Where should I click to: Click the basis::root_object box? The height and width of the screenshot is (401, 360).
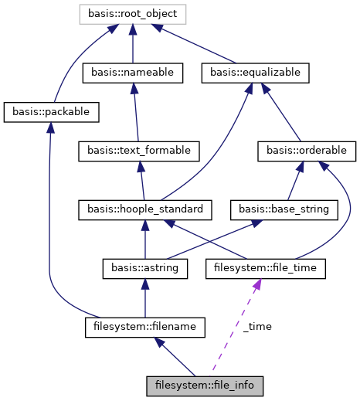[133, 14]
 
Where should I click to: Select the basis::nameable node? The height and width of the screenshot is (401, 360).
[133, 73]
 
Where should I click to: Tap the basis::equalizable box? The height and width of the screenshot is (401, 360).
[255, 73]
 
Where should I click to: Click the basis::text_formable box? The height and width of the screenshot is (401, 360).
[139, 150]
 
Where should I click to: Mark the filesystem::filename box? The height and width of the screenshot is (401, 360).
[144, 328]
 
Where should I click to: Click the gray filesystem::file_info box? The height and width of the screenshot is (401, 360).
[205, 384]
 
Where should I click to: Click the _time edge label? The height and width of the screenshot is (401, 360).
[257, 327]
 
